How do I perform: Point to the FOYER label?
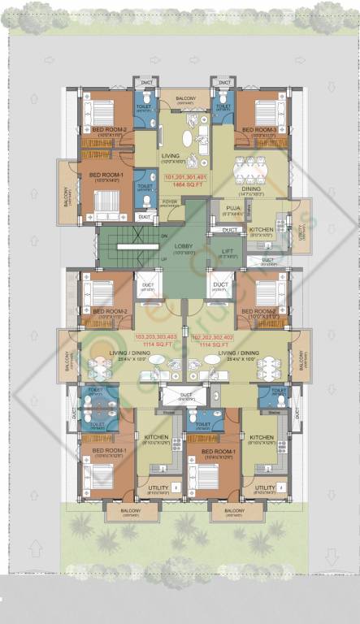click(170, 201)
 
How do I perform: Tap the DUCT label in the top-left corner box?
click(147, 82)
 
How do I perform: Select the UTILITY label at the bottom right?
click(265, 487)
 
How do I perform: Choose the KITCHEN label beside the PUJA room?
click(260, 230)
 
